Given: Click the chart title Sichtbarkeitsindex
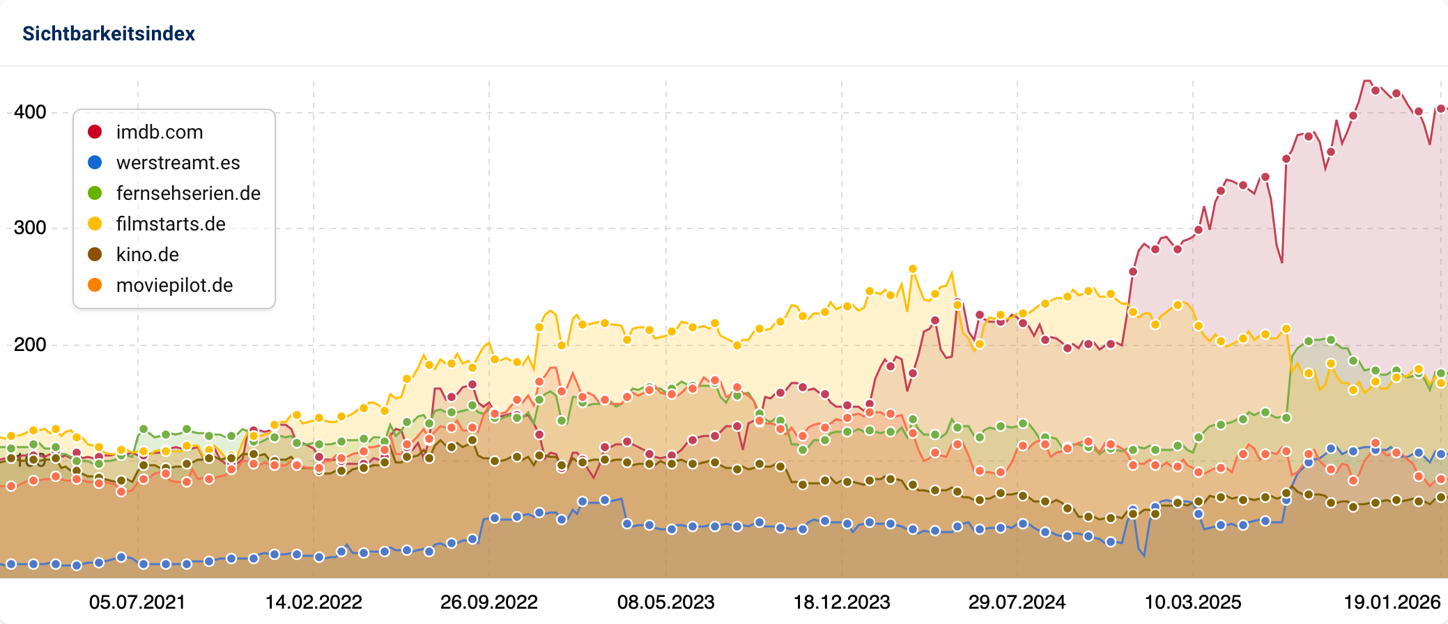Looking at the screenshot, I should coord(109,33).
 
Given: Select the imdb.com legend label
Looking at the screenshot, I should coord(160,132).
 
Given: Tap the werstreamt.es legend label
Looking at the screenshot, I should coord(178,163).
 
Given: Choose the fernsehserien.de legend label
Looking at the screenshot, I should coord(188,194).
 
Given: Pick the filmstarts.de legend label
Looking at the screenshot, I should coord(171,224).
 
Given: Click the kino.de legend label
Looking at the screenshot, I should coord(148,255).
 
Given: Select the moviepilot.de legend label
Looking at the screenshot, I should coord(174,286).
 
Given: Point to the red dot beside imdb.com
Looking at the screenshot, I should coord(95,132).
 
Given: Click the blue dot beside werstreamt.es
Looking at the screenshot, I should coord(95,163).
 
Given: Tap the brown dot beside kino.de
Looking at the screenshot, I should coord(95,255).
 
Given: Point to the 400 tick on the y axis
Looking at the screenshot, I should coord(30,112).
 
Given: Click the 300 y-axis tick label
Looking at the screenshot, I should coord(30,228).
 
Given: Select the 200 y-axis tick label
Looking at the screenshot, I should coord(30,345).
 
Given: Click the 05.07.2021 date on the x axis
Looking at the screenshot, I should coord(137,602).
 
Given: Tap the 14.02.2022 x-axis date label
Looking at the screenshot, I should coord(314,602).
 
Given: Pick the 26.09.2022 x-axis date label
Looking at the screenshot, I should coord(489,602).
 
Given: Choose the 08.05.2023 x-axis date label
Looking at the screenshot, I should coord(666,602).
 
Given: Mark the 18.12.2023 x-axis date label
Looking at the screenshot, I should coord(842,602).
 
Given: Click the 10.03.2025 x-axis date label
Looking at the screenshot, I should coord(1193,602).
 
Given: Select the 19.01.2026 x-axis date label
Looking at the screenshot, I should coord(1392,602).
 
